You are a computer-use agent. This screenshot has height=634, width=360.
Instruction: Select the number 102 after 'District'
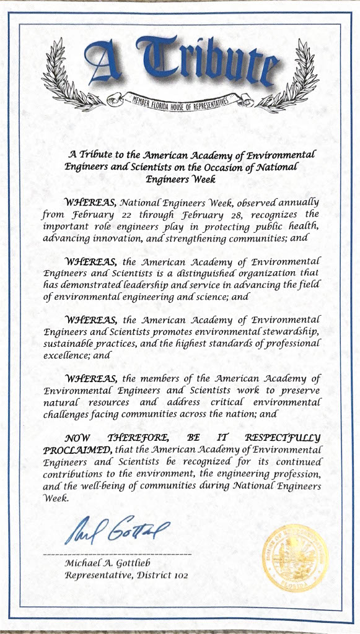[x=180, y=575]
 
